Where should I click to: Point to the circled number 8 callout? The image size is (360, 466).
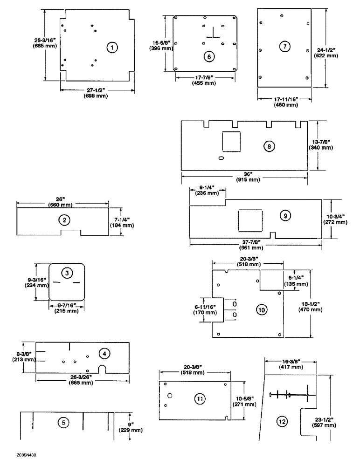[x=269, y=146]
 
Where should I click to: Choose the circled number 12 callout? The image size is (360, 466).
[x=281, y=421]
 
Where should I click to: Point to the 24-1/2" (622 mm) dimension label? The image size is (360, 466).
[x=326, y=52]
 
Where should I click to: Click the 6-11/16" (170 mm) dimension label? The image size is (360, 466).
[x=205, y=309]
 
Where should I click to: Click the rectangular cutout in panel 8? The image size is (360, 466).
[x=231, y=141]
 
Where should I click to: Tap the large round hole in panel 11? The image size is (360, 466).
[x=171, y=396]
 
